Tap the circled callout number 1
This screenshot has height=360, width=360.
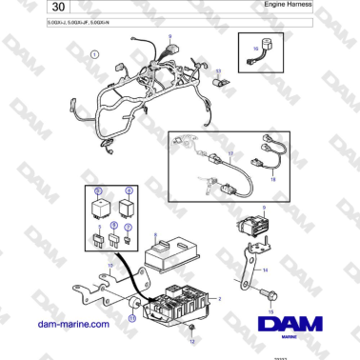point(94,55)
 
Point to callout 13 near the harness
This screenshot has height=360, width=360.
point(217,71)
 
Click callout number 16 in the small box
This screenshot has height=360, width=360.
point(255,48)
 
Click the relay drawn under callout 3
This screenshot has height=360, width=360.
point(98,206)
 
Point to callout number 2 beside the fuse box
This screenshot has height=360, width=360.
point(221,298)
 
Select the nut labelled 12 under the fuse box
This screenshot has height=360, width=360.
point(191,329)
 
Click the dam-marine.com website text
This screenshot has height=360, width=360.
point(73,325)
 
